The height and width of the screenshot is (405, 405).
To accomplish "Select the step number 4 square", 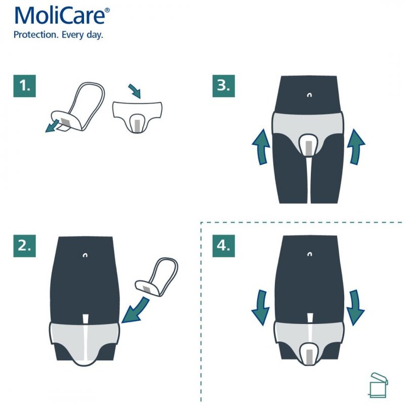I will pos(223,246).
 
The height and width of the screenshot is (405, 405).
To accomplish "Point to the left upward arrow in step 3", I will pos(261,146).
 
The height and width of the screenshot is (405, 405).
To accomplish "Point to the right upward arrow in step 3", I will pos(356,146).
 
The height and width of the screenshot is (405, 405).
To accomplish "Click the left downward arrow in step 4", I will pos(261,307).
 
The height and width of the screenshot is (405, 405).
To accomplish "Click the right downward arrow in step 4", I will pos(356,307).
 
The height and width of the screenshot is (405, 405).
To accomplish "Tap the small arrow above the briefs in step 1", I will pos(135,92).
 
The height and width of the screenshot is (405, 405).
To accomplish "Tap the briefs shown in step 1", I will pos(136,115).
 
